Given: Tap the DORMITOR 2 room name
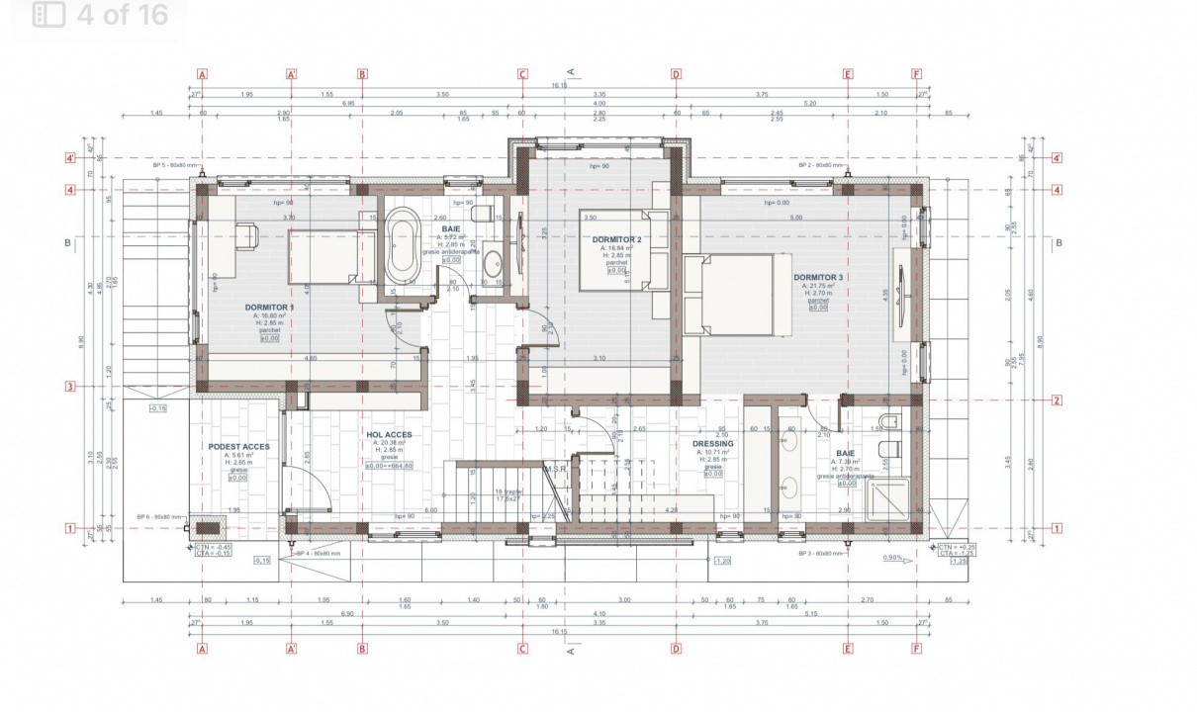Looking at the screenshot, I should (x=617, y=239).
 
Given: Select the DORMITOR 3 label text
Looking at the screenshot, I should (x=818, y=277).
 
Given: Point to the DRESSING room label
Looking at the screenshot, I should (x=713, y=444).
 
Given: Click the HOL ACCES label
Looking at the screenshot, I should (x=389, y=435).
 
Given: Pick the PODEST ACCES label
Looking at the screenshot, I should (x=238, y=446).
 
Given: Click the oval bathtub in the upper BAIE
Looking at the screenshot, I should (x=402, y=246).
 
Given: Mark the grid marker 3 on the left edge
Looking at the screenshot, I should (x=70, y=387).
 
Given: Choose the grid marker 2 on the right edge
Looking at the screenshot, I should (x=1058, y=400).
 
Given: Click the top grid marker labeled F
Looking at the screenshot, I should (x=917, y=74).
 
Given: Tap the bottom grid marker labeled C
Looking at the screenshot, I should (x=522, y=650).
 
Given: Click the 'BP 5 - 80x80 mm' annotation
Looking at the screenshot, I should (x=174, y=165).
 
